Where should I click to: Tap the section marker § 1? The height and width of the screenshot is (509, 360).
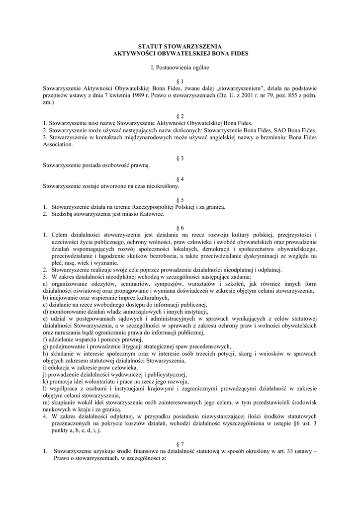[180, 81]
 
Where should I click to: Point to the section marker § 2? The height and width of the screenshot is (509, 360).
[180, 115]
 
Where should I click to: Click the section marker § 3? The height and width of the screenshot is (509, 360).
[180, 158]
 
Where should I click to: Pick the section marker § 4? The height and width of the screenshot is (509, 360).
[180, 178]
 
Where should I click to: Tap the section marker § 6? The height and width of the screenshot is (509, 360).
[180, 227]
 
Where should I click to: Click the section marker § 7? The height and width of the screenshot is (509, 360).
[180, 443]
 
